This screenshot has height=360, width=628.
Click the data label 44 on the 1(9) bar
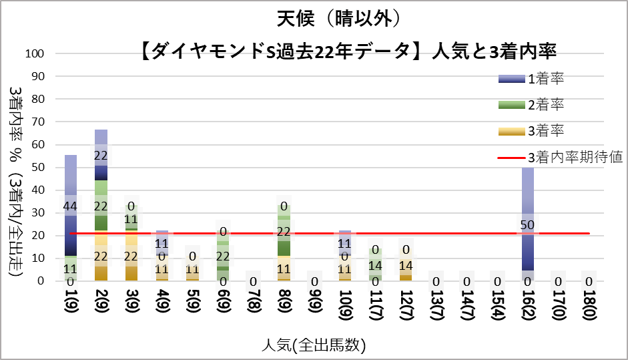pos(70,206)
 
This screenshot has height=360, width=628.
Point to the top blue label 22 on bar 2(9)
pos(101,156)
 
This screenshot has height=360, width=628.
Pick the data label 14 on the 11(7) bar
pos(376,264)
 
